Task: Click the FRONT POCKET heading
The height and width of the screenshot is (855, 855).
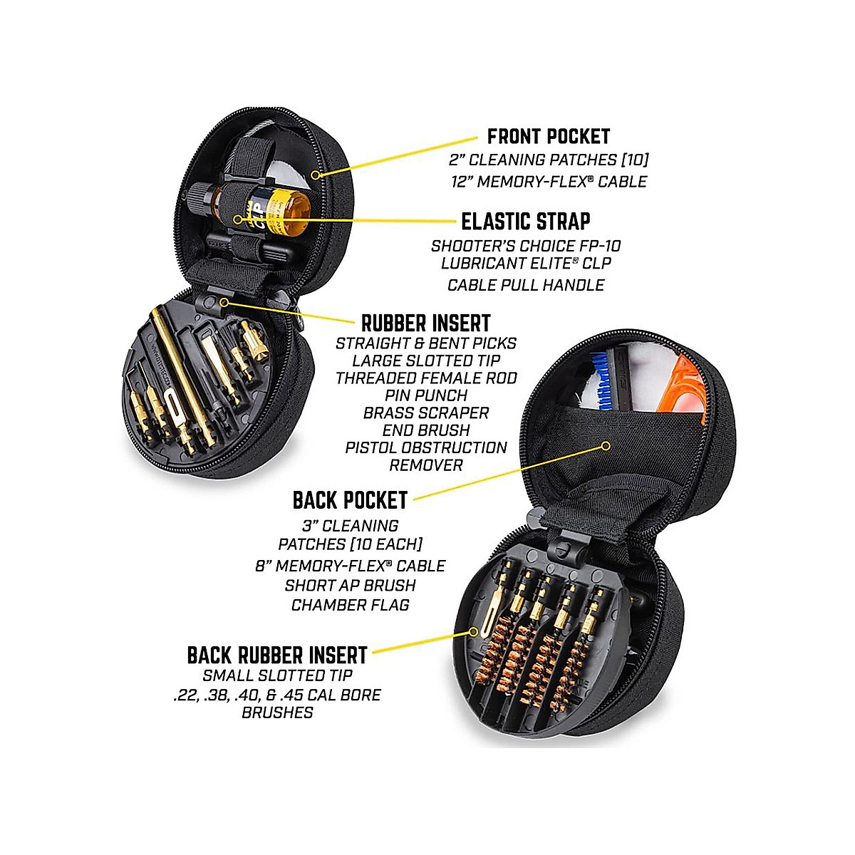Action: click(548, 136)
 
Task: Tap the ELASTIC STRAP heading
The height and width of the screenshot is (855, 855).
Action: click(526, 221)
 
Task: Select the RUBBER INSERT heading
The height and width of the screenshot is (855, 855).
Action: click(425, 322)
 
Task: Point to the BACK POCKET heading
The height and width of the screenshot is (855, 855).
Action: click(350, 500)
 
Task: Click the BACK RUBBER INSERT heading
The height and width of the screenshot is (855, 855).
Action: click(277, 655)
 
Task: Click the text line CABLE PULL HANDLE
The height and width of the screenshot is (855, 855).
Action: click(526, 285)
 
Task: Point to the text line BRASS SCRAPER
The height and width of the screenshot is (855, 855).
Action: click(426, 413)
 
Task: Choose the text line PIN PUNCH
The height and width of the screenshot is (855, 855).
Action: click(426, 395)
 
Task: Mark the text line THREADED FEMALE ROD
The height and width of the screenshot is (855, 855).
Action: click(426, 378)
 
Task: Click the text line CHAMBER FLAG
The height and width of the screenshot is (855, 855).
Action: click(350, 605)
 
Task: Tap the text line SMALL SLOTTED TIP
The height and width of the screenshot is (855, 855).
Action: click(277, 675)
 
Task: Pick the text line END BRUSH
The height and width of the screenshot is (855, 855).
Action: click(426, 430)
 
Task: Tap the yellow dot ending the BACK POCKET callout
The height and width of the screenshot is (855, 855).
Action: click(606, 446)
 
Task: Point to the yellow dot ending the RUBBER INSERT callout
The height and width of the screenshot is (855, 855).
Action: click(224, 302)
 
